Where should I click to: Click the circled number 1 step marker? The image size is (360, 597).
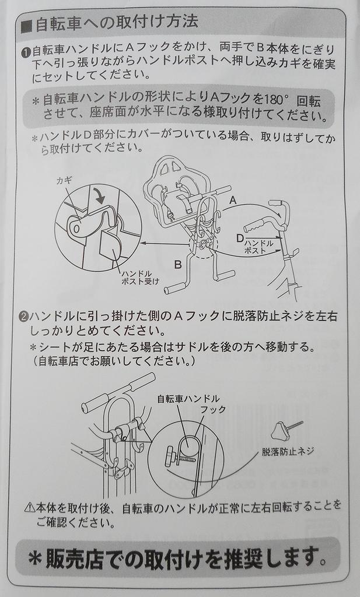(x=26, y=52)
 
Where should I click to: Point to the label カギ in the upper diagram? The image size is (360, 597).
(x=64, y=181)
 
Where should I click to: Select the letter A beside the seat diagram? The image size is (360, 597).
(x=233, y=200)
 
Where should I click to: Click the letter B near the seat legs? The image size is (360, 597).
(x=178, y=264)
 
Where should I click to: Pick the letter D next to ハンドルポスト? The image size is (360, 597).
(x=240, y=238)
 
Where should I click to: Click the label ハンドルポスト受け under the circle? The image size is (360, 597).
(x=140, y=278)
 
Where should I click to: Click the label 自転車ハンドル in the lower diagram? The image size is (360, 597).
(x=188, y=399)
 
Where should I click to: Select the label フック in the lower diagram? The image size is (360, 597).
(x=214, y=410)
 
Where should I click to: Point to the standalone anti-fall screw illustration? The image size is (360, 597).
(x=286, y=430)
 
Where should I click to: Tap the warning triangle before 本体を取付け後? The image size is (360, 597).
(x=30, y=508)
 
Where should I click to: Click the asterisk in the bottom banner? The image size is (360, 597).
(x=36, y=559)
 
